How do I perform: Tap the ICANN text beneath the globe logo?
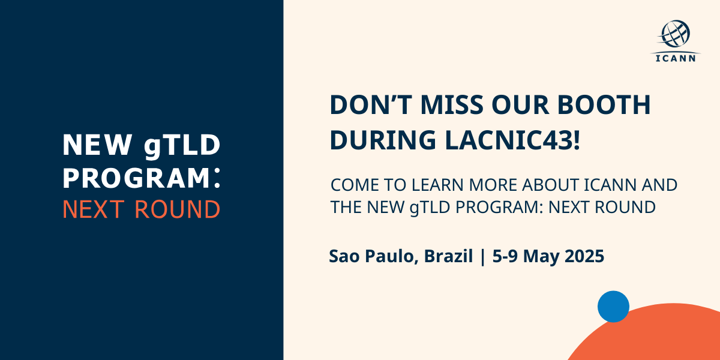click(675, 58)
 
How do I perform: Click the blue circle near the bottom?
click(613, 307)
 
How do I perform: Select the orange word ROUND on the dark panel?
click(178, 209)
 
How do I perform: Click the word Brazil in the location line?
click(448, 257)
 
